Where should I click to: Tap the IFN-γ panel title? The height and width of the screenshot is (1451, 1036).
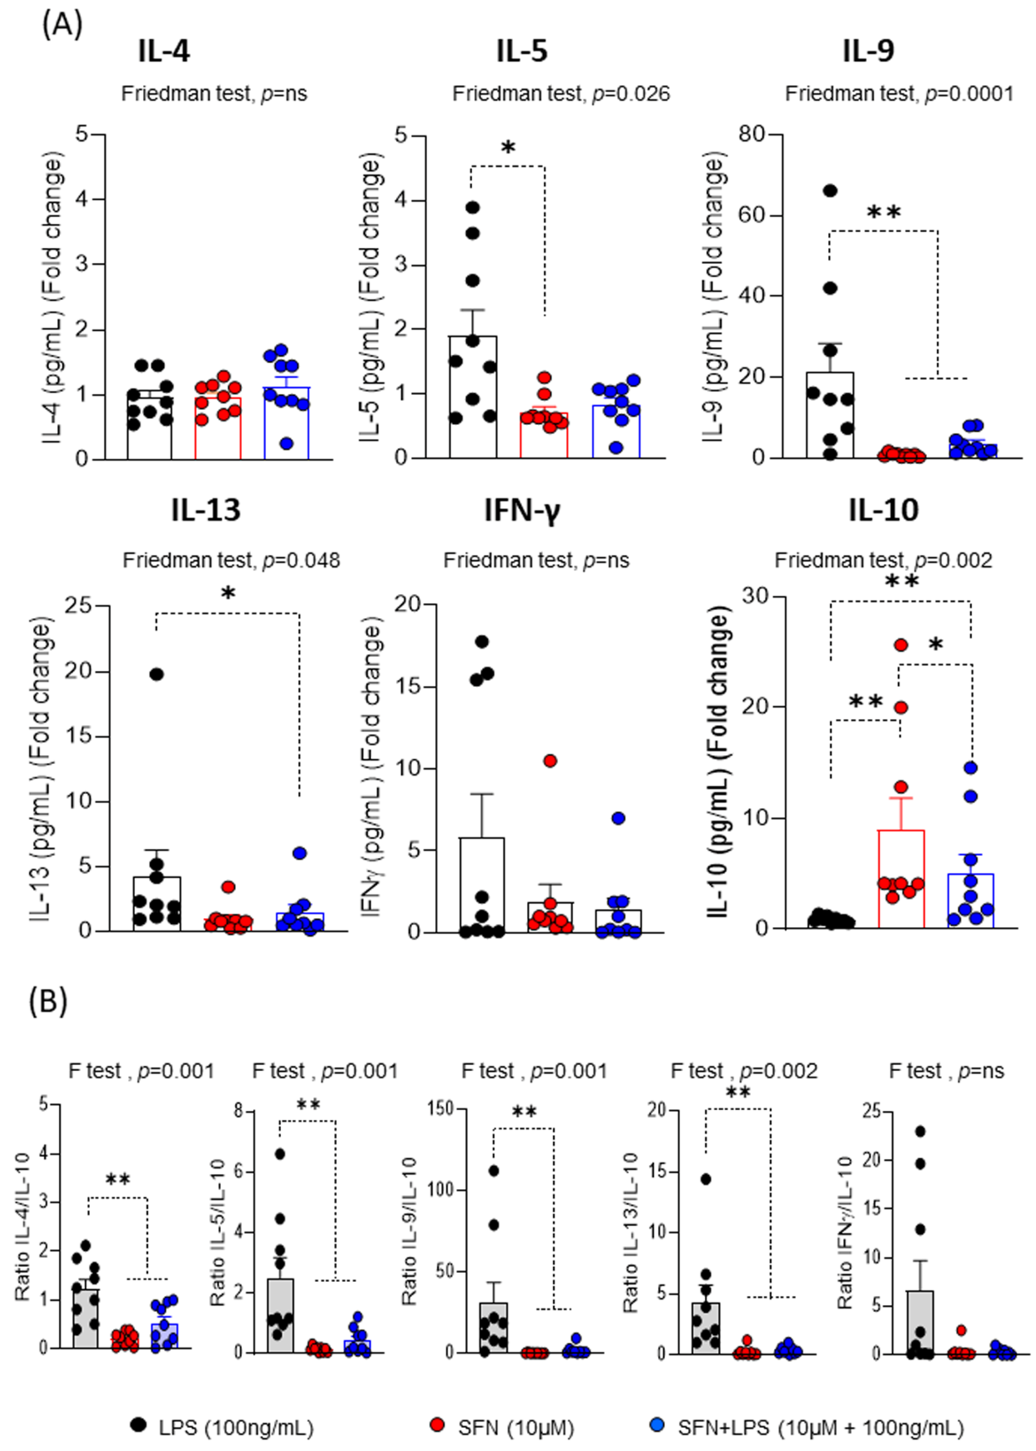tap(522, 510)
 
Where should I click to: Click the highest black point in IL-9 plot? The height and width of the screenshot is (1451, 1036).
tap(829, 191)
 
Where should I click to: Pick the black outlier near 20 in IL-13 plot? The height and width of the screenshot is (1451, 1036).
tap(156, 674)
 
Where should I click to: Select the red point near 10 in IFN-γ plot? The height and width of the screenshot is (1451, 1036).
tap(550, 760)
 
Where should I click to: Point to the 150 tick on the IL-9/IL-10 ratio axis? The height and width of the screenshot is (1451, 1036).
tap(440, 1108)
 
